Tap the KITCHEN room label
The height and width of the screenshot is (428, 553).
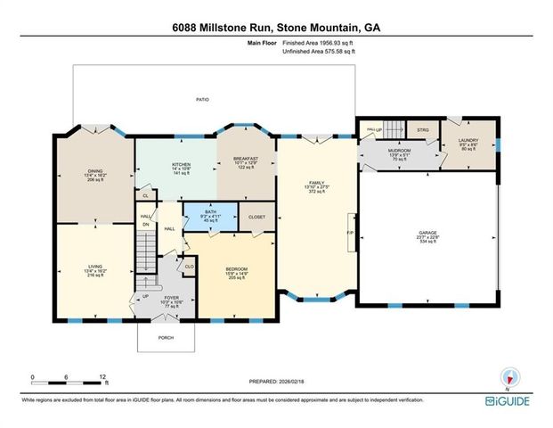(182, 163)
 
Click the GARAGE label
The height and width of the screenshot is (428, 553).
(427, 234)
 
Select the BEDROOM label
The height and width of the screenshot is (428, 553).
(235, 268)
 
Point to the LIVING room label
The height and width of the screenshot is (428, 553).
(94, 265)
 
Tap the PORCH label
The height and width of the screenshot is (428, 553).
(166, 337)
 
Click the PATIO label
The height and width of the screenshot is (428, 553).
(203, 99)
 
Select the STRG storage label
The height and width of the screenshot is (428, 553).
(423, 130)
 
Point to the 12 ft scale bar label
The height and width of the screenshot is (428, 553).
(104, 378)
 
